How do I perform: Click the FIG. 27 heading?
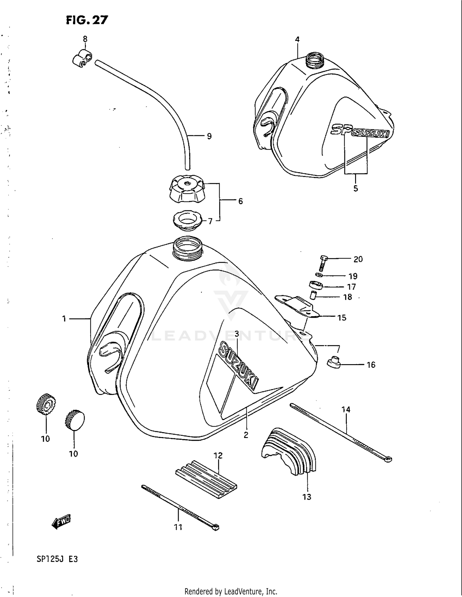click(x=87, y=20)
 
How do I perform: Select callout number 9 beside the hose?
click(x=209, y=136)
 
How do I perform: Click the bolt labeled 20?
click(x=323, y=263)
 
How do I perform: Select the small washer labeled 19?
click(x=319, y=275)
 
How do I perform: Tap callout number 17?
click(x=351, y=287)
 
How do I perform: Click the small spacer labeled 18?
click(x=314, y=296)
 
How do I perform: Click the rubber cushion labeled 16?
click(x=333, y=362)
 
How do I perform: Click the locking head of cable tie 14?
click(x=388, y=460)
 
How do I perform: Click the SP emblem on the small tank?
click(x=341, y=129)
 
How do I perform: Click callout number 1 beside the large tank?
click(x=64, y=319)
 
